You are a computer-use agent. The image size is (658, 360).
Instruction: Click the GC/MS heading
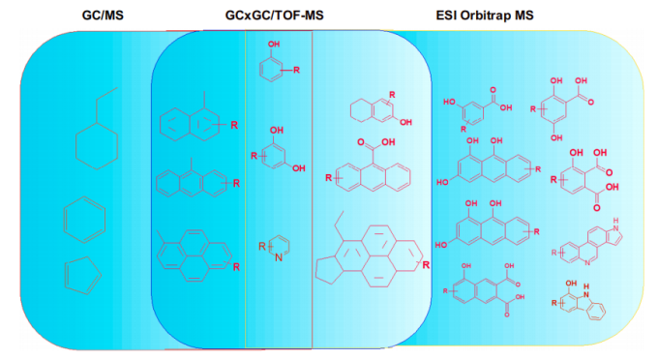tap(103, 15)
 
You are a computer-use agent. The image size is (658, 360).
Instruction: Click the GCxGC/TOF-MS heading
tap(275, 15)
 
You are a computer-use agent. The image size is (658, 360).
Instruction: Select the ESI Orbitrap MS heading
tap(485, 15)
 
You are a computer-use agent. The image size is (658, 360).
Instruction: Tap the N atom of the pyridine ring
tap(279, 257)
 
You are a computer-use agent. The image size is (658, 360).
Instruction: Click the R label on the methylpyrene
tap(236, 267)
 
